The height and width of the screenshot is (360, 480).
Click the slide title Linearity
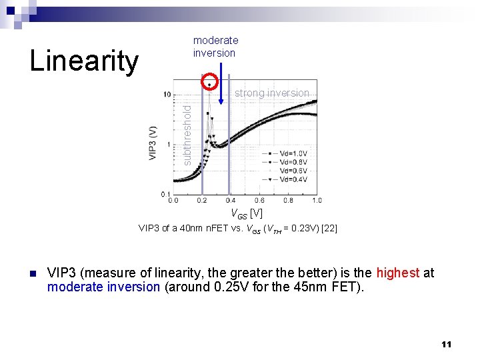point(84,61)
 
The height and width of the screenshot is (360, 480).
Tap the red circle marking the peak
point(210,83)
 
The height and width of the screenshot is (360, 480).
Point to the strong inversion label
point(272,93)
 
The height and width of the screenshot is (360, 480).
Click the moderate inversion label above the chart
point(215,47)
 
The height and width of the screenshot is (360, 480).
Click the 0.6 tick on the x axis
point(259,200)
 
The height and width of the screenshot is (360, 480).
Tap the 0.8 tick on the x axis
point(287,200)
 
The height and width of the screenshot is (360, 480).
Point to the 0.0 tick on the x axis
point(173,200)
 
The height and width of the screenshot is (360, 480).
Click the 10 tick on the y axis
point(167,93)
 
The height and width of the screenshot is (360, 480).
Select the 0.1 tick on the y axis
point(165,194)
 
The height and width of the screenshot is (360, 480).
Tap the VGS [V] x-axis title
point(246,214)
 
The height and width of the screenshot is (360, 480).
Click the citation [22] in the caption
point(329,229)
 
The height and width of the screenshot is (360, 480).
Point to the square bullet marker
point(31,273)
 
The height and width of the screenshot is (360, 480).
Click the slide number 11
point(446,344)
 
